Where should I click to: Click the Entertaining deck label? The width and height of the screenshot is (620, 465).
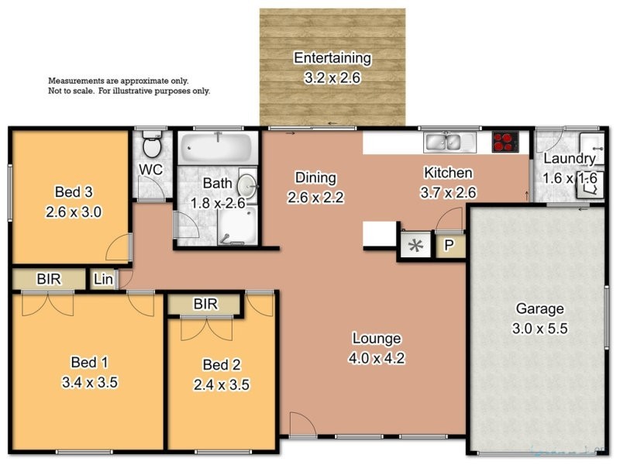[x=332, y=58]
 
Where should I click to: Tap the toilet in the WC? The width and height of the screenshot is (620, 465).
[x=151, y=145]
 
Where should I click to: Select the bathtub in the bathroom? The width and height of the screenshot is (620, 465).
[x=216, y=146]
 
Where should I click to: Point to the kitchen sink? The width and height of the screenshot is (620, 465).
[x=449, y=142]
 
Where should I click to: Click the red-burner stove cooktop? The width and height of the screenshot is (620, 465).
[x=505, y=142]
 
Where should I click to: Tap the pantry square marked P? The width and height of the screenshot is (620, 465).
[x=449, y=246]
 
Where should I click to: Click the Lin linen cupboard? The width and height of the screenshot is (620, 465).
[x=102, y=279]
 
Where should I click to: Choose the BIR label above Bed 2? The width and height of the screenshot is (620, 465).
[x=205, y=305]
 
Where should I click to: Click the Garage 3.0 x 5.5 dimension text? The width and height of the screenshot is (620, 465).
[x=540, y=329]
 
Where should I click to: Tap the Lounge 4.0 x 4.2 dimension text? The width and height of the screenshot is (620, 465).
[x=377, y=359]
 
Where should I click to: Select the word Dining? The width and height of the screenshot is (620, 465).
[x=314, y=177]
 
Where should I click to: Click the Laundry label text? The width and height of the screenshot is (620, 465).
[x=570, y=159]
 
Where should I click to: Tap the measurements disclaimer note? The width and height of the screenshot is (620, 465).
[x=129, y=85]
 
